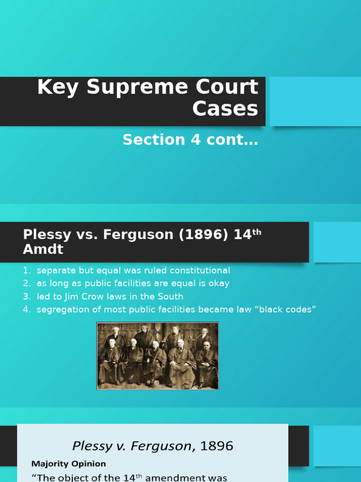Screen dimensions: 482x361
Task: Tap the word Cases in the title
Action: click(x=225, y=109)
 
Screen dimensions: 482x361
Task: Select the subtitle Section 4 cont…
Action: click(x=190, y=140)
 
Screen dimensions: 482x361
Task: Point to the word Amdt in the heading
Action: click(x=43, y=249)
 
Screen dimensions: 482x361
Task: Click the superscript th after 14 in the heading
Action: click(x=257, y=232)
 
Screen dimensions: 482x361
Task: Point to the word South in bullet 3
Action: click(x=170, y=297)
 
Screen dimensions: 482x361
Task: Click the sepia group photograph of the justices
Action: click(x=157, y=356)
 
